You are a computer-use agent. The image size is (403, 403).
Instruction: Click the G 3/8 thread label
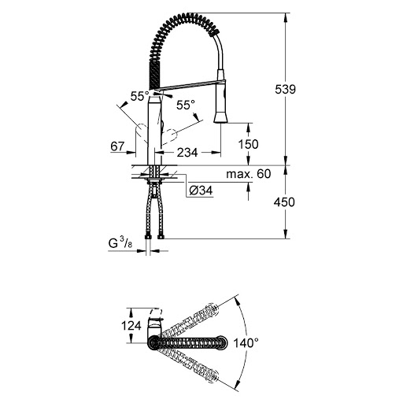120,245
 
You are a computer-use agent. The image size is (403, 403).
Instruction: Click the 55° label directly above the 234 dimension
184,105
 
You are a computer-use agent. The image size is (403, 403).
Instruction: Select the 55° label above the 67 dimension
139,95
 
